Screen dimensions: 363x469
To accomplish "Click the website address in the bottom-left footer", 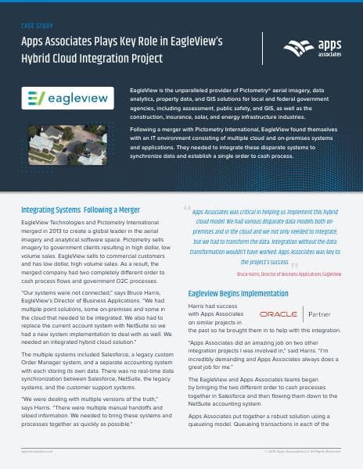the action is coord(38,451).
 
